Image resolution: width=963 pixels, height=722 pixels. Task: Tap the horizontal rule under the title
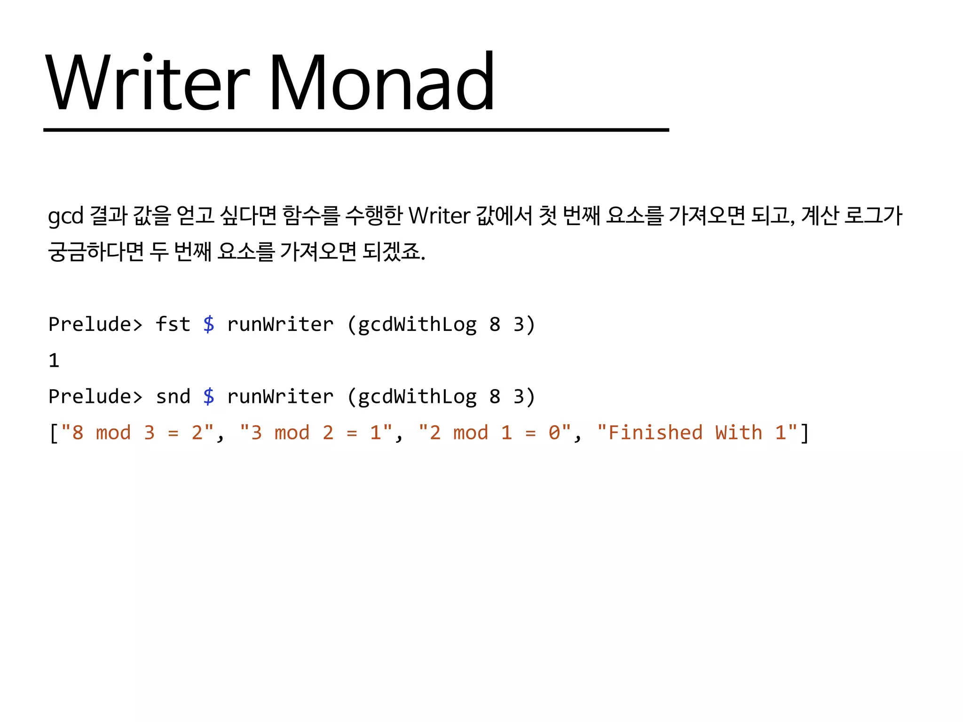click(x=356, y=130)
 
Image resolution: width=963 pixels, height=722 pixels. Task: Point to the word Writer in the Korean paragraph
click(x=439, y=216)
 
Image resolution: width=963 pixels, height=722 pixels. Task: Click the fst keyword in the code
click(x=173, y=324)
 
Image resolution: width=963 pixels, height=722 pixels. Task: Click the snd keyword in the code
click(x=173, y=397)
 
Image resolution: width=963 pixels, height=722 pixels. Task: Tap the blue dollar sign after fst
click(x=209, y=324)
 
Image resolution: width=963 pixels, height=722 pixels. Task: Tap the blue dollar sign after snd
click(x=209, y=397)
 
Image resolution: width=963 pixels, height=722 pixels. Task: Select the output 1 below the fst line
click(x=54, y=361)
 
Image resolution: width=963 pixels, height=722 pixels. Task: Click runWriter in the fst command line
click(x=280, y=324)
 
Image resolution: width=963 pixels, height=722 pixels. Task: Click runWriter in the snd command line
click(x=280, y=397)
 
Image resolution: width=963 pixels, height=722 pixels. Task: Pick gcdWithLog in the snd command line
click(x=418, y=397)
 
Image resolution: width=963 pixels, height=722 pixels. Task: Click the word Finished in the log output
click(x=655, y=433)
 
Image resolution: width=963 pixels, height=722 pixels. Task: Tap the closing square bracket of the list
click(x=805, y=433)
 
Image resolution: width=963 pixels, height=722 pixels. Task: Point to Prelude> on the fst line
click(x=95, y=324)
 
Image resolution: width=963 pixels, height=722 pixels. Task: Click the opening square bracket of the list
click(x=54, y=433)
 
